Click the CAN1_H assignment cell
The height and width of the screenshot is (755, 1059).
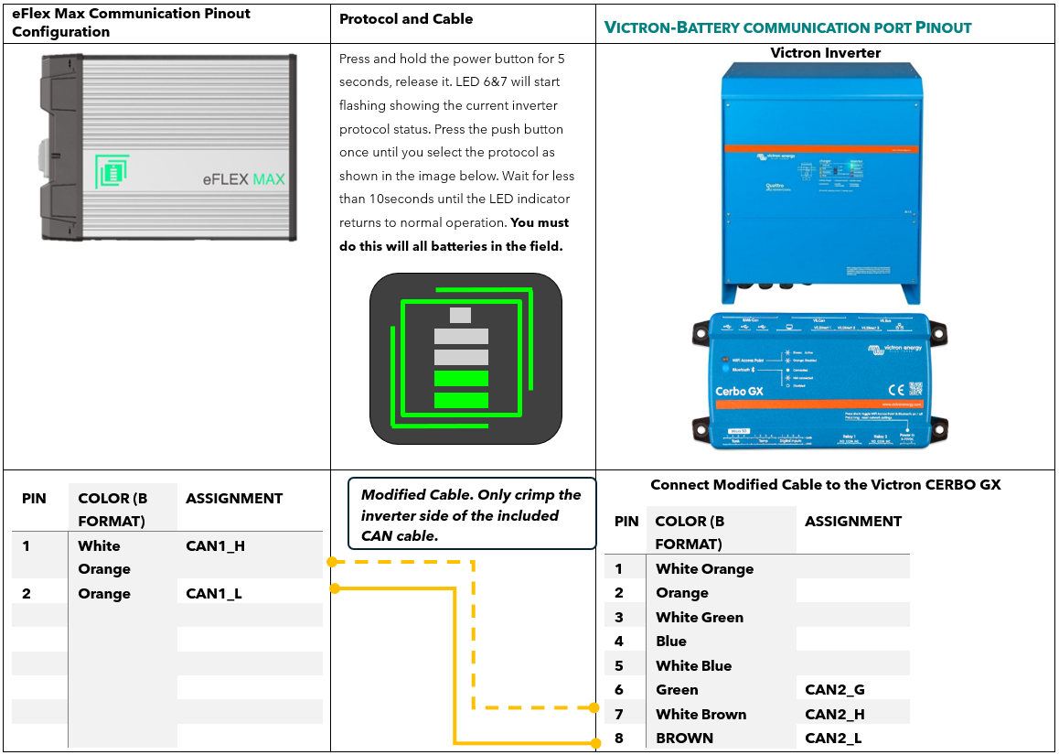point(215,546)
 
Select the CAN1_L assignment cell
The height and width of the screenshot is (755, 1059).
point(213,594)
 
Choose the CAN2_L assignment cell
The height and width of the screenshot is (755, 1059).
point(833,739)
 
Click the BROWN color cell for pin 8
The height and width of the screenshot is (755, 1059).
point(684,739)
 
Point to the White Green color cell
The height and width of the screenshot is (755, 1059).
point(699,618)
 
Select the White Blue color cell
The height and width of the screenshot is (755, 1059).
point(693,666)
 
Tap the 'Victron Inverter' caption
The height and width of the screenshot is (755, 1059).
point(825,53)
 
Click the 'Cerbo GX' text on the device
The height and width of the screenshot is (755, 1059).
point(738,392)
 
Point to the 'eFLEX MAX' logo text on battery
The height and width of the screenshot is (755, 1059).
point(243,178)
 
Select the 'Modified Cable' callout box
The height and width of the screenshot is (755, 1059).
point(472,514)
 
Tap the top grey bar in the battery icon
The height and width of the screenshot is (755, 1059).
point(461,316)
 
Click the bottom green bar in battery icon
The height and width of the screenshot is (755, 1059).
point(461,400)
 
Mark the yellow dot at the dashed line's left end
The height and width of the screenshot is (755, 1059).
point(332,562)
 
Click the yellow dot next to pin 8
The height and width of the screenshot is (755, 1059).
point(594,739)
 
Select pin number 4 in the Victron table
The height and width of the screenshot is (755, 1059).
point(619,642)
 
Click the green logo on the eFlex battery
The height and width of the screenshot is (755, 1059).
point(112,172)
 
